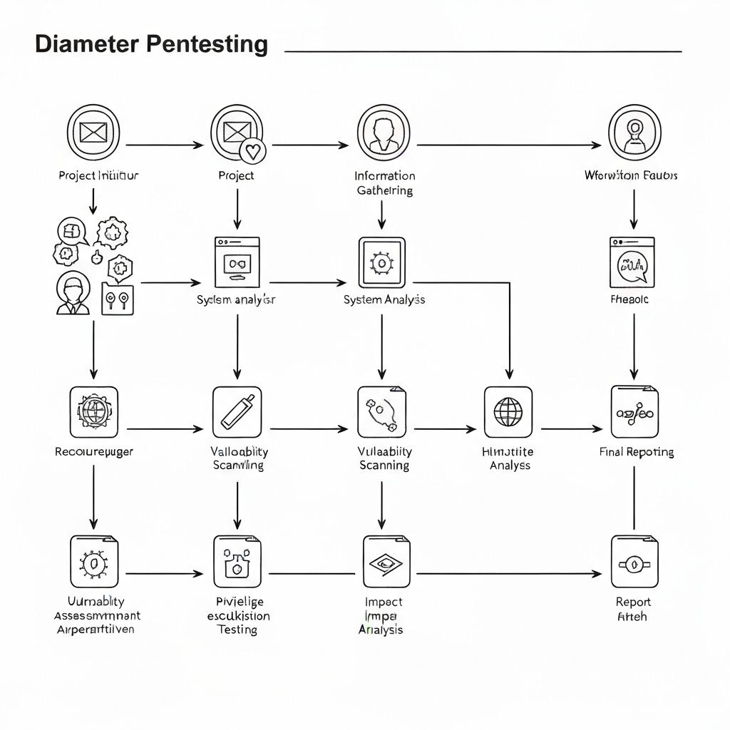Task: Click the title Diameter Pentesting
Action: pyautogui.click(x=151, y=44)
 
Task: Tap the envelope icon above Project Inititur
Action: pyautogui.click(x=93, y=133)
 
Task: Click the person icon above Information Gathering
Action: pyautogui.click(x=382, y=133)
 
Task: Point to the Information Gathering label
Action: pyautogui.click(x=384, y=182)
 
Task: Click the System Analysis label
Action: pyautogui.click(x=384, y=299)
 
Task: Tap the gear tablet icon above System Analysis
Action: pyautogui.click(x=382, y=263)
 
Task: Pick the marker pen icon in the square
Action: pyautogui.click(x=237, y=412)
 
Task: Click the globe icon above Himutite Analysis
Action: pyautogui.click(x=508, y=412)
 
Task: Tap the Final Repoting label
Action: pyautogui.click(x=637, y=452)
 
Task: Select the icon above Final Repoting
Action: pyautogui.click(x=634, y=412)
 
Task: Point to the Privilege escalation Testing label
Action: pyautogui.click(x=237, y=616)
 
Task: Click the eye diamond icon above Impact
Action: pyautogui.click(x=386, y=562)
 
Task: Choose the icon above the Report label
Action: pyautogui.click(x=634, y=562)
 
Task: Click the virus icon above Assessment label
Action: pyautogui.click(x=94, y=562)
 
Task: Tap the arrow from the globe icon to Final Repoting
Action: pyautogui.click(x=572, y=429)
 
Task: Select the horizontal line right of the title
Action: pyautogui.click(x=483, y=51)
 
